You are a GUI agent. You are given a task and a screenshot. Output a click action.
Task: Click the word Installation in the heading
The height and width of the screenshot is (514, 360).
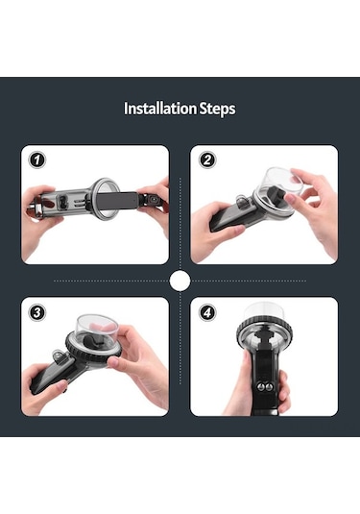point(160,109)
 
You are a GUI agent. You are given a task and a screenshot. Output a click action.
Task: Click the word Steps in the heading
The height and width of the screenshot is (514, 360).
point(218,110)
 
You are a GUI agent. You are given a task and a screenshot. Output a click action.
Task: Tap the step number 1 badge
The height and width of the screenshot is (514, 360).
point(37,160)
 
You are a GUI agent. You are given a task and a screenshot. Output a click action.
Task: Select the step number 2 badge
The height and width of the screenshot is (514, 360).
point(207,160)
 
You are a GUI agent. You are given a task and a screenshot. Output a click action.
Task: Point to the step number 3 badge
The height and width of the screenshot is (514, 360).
point(37,312)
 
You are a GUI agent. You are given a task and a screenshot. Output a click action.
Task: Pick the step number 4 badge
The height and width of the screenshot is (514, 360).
point(207,312)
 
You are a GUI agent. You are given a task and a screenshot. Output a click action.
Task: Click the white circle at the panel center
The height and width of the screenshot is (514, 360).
point(180,281)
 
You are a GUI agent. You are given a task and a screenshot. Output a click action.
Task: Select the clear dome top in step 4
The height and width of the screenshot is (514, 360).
point(264,311)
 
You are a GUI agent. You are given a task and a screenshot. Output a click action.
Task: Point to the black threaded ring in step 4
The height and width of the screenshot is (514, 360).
point(264,330)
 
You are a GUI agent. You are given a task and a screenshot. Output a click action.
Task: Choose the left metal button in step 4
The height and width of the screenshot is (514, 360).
point(260,387)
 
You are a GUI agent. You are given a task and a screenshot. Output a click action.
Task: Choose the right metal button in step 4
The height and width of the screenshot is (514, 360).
point(269,387)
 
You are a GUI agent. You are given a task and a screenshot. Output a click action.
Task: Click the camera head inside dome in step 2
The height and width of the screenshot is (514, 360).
point(276,196)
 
